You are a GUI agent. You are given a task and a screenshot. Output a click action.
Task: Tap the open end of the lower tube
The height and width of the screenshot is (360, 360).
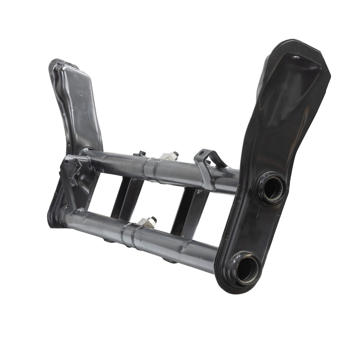point(247,268)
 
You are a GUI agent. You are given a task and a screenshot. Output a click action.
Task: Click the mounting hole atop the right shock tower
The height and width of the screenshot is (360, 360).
point(295,57)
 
